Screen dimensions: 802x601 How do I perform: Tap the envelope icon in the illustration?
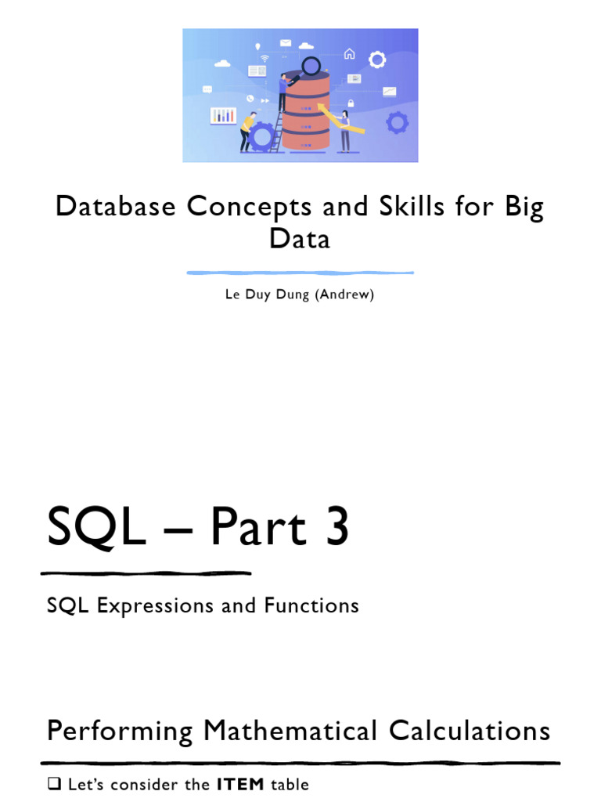pyautogui.click(x=285, y=42)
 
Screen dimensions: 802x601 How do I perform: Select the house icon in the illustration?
pyautogui.click(x=349, y=53)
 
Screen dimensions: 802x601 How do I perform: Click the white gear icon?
pyautogui.click(x=377, y=60)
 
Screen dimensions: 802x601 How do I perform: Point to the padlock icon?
pyautogui.click(x=351, y=103)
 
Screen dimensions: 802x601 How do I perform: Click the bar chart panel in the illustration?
pyautogui.click(x=224, y=115)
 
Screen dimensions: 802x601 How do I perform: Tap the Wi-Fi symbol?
pyautogui.click(x=265, y=58)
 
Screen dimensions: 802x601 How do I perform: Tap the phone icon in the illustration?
pyautogui.click(x=250, y=98)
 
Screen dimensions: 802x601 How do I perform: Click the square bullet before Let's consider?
pyautogui.click(x=53, y=784)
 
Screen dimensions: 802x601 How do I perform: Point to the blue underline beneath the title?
pyautogui.click(x=300, y=273)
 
